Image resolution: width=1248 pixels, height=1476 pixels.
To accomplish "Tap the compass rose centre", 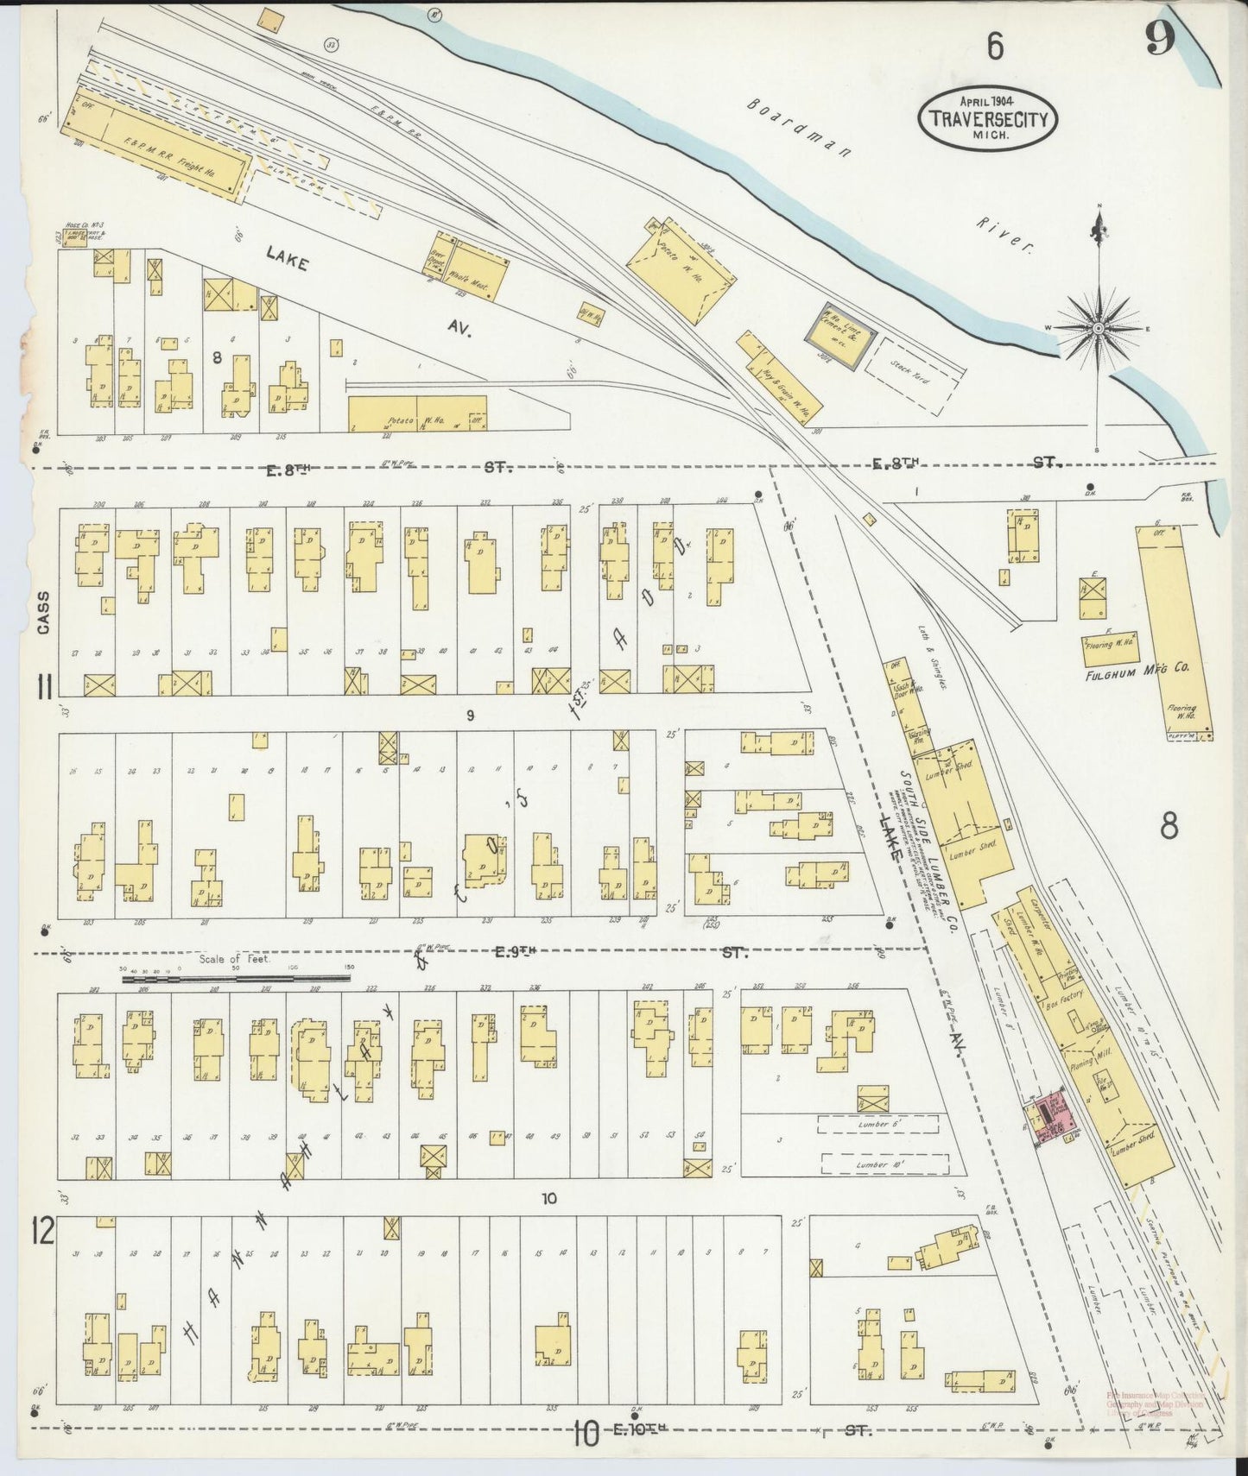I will (x=1098, y=329).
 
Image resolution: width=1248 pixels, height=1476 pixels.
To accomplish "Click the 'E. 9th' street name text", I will (x=516, y=953).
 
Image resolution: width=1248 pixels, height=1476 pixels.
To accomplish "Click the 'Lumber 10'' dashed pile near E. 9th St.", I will (x=878, y=1164).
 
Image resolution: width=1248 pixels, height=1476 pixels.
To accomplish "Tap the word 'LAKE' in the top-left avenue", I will (x=286, y=259).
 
